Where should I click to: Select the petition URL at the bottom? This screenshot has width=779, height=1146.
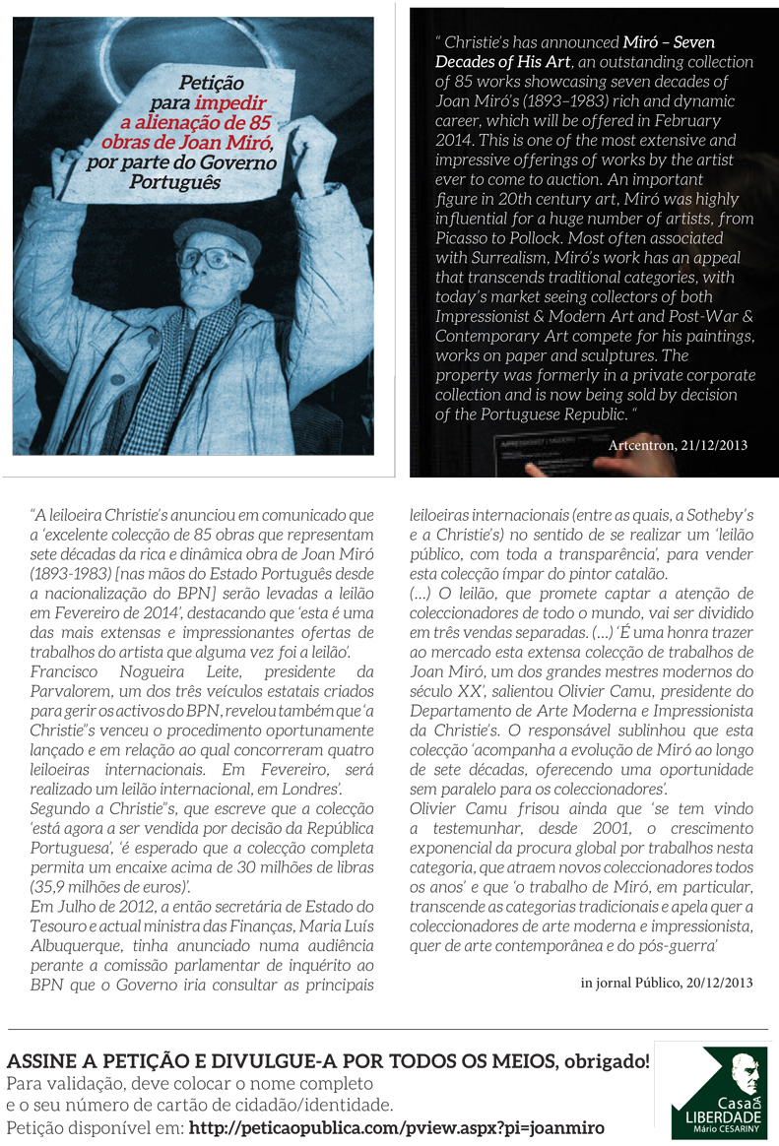396,1127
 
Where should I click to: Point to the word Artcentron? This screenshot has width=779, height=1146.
642,445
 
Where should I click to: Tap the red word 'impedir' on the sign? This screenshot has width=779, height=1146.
230,103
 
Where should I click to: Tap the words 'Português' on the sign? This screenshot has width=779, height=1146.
211,182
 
